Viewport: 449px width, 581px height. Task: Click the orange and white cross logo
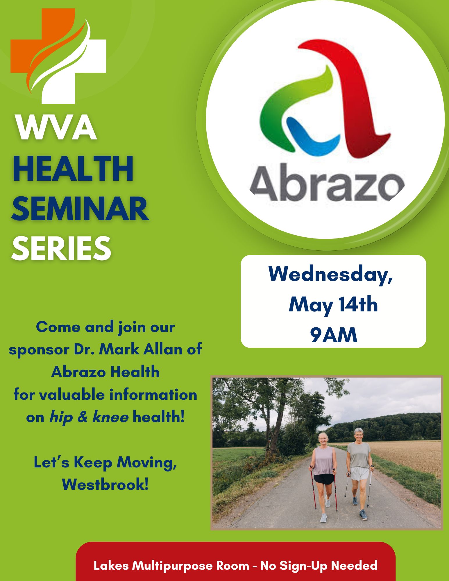pos(58,56)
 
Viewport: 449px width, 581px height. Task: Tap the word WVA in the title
pos(57,128)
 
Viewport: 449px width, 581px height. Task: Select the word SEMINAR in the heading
pos(80,209)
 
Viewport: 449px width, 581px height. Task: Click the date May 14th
pos(333,305)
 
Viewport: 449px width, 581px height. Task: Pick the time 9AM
pos(333,335)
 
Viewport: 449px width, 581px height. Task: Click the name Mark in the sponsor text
pos(119,349)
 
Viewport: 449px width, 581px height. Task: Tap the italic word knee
pos(110,417)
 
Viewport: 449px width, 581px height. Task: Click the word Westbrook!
pos(105,484)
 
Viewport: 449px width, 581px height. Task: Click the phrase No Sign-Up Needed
pos(319,566)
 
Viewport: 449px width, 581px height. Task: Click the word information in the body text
pos(153,394)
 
